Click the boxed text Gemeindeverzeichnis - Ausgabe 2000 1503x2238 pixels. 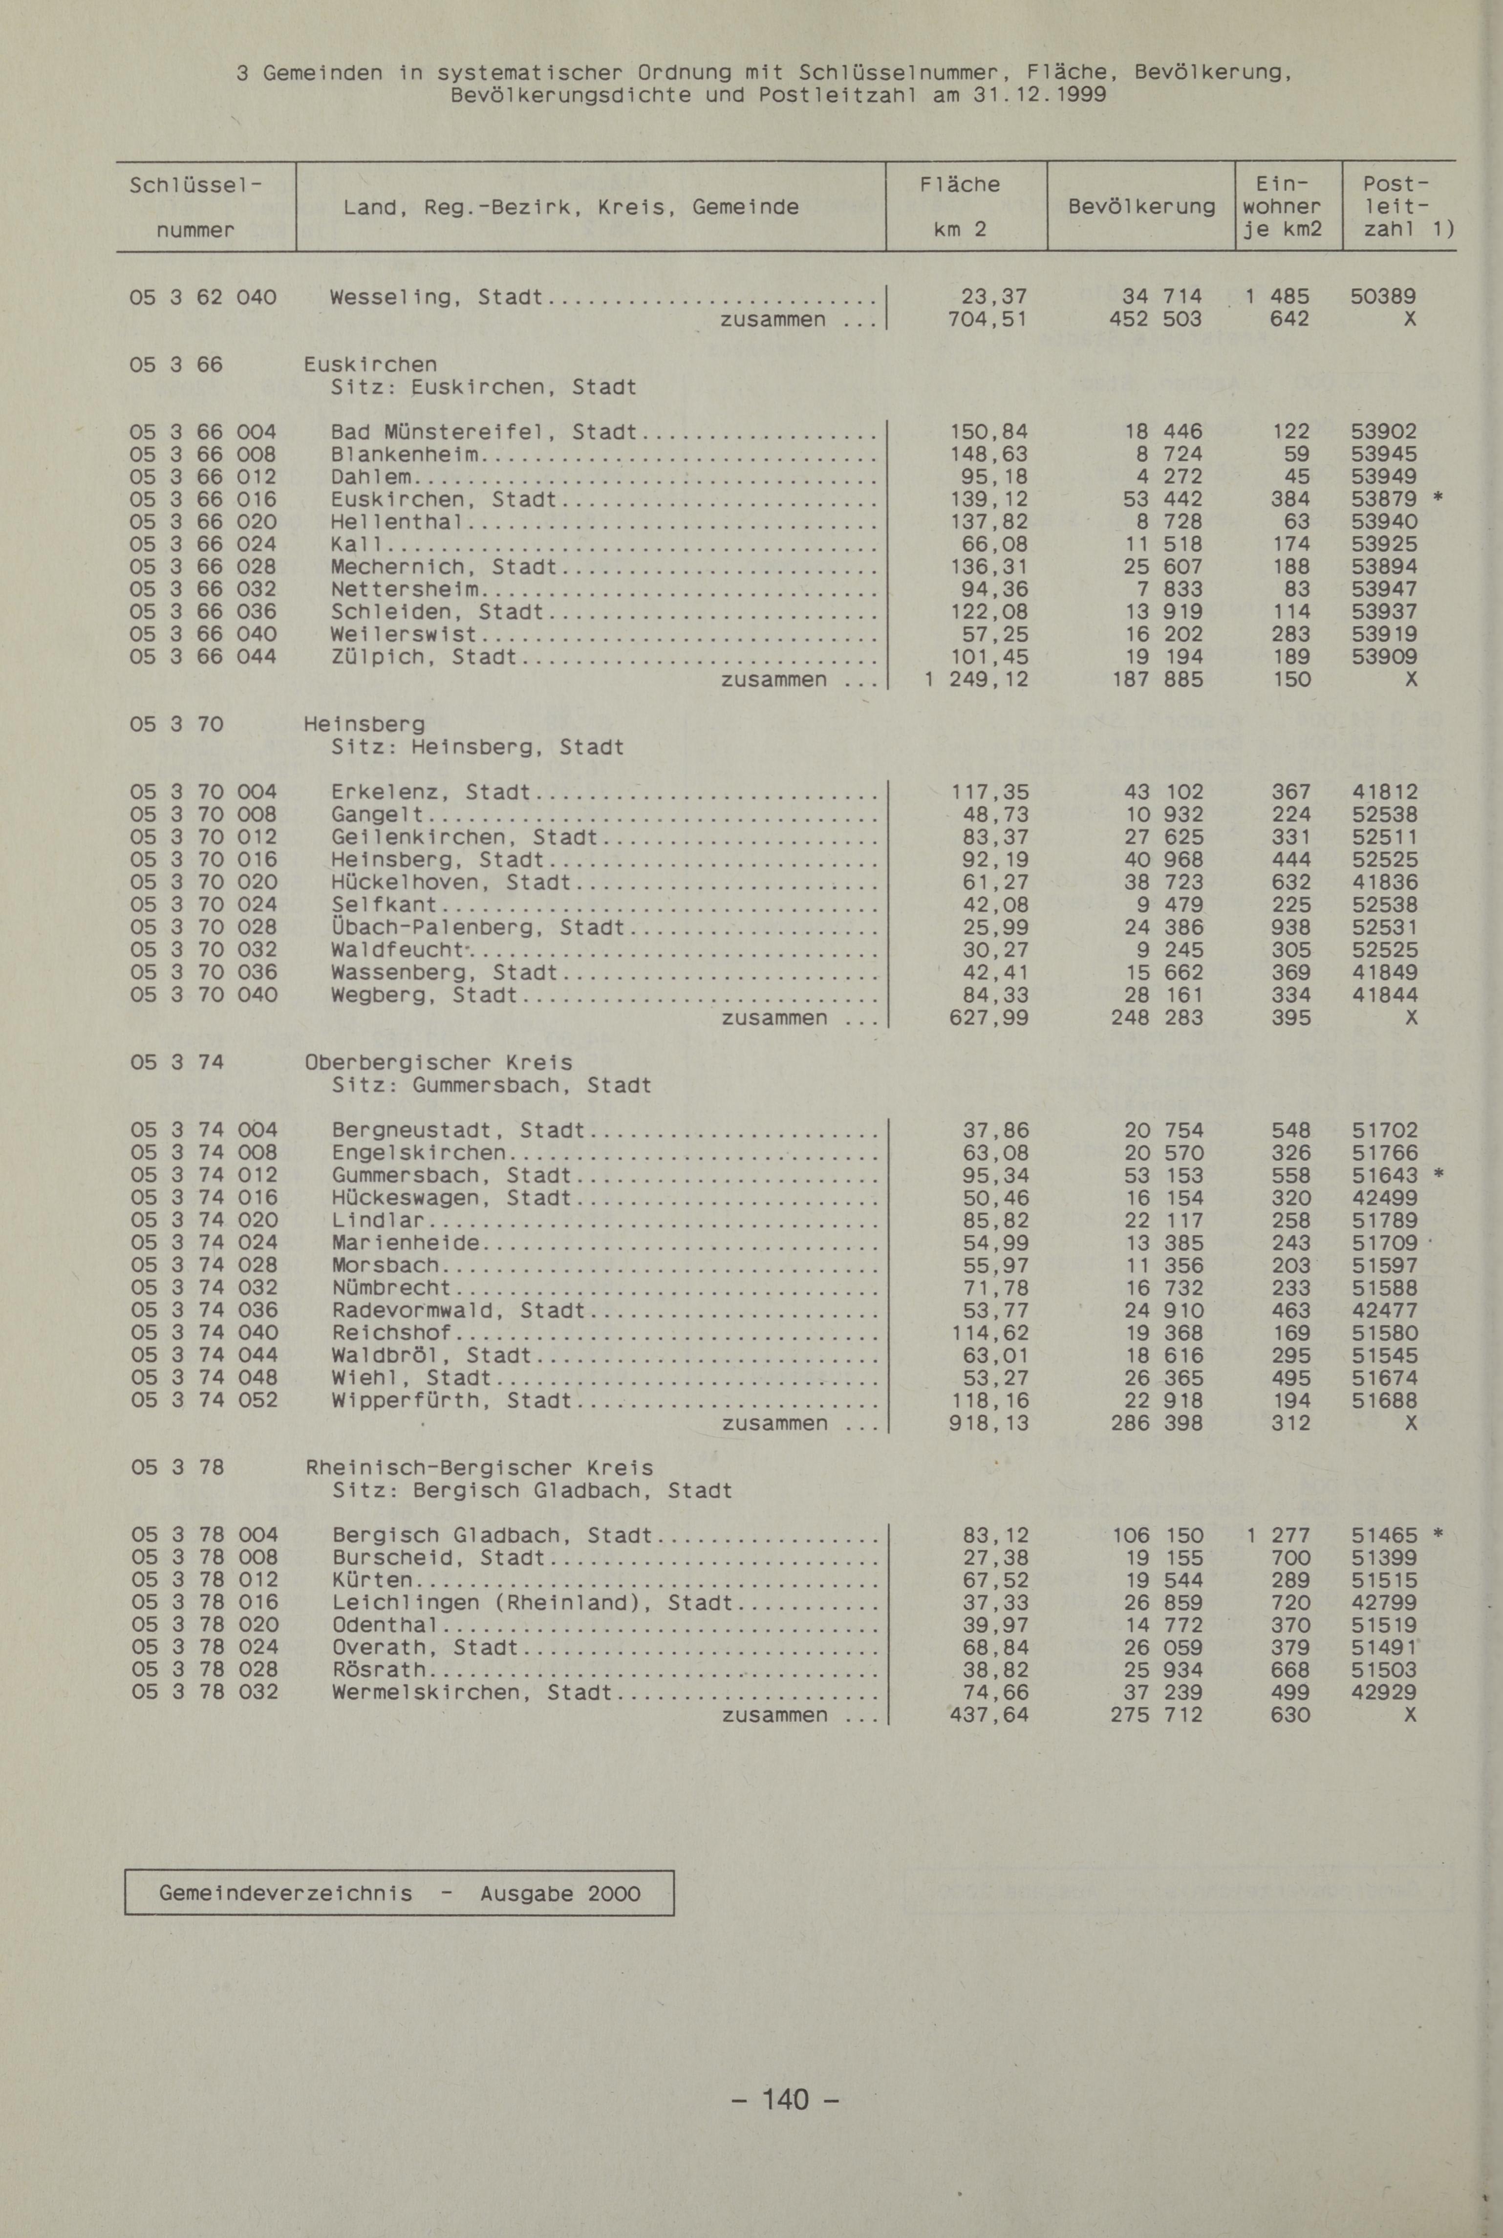click(x=400, y=1893)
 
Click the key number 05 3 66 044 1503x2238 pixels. click(x=203, y=657)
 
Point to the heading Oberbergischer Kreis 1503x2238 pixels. click(x=438, y=1063)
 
